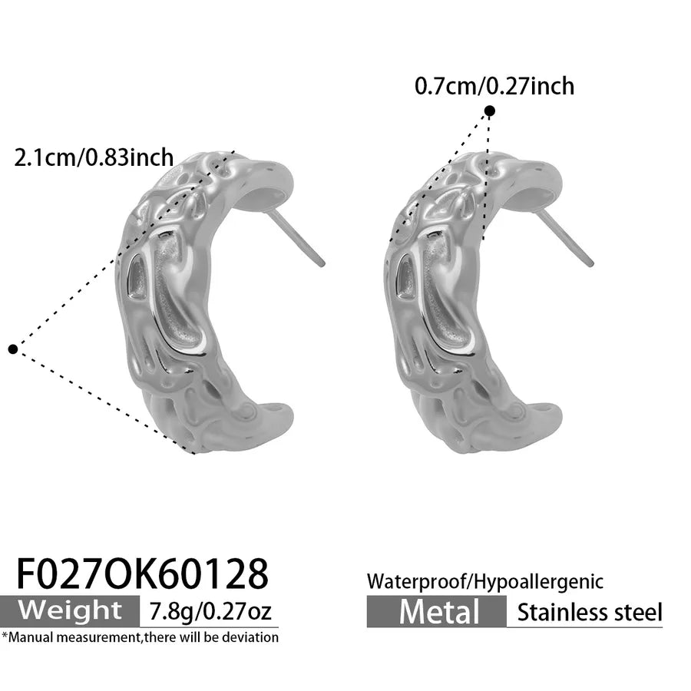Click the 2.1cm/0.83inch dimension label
click(94, 157)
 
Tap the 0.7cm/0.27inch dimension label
click(494, 86)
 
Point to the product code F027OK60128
click(142, 574)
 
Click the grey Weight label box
click(70, 611)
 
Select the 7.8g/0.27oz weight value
click(210, 611)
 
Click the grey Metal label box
click(437, 612)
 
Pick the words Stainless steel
click(590, 612)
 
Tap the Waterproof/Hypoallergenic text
click(484, 582)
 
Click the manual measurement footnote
click(141, 637)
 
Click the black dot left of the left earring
click(13, 349)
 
